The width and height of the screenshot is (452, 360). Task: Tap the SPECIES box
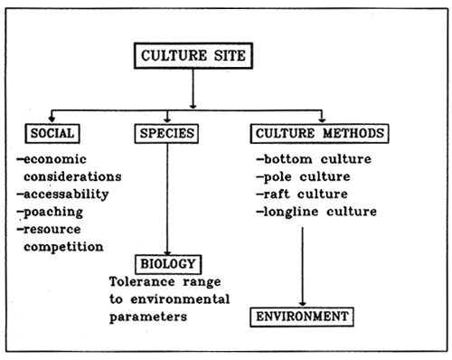pos(167,134)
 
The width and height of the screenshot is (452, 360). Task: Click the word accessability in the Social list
pos(66,194)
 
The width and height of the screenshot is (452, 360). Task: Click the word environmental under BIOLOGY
pos(186,298)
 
